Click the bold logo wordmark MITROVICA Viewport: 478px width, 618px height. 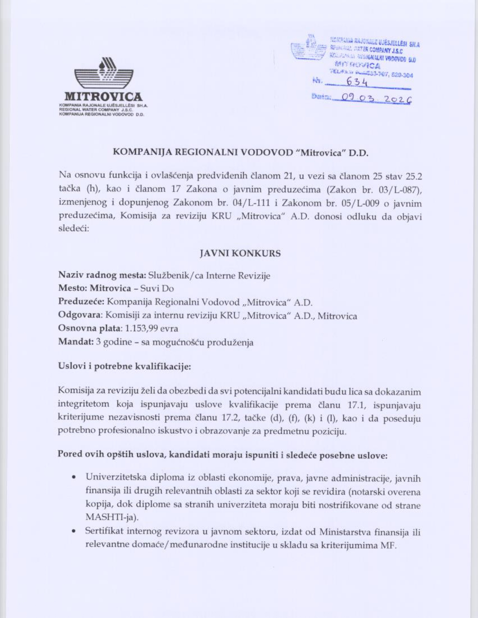tap(103, 97)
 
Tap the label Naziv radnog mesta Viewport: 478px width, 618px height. tap(102, 276)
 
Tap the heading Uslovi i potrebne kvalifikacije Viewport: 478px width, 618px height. tap(124, 366)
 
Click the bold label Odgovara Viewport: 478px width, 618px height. tap(80, 315)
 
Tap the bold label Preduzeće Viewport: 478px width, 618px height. tap(81, 302)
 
